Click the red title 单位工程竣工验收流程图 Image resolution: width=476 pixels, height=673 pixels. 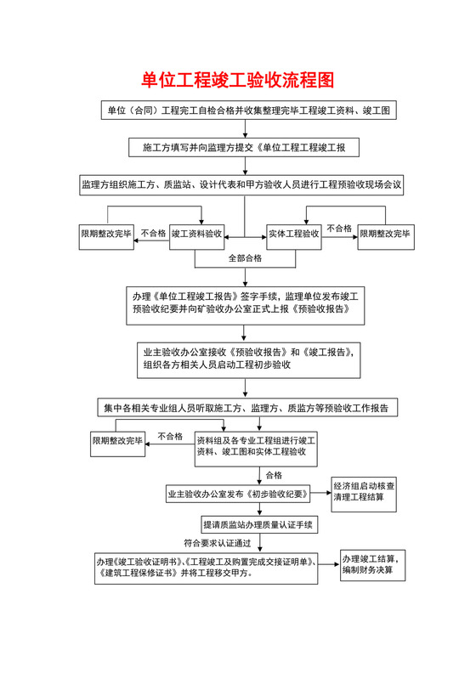[x=237, y=81]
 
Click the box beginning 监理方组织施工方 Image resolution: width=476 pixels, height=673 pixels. [x=241, y=184]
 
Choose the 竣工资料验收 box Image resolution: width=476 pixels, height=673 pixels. [x=196, y=233]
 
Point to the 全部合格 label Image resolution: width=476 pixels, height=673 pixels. [x=245, y=257]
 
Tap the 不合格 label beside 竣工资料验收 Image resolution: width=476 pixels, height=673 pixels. [x=153, y=232]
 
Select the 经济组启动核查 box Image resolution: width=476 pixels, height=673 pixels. [x=367, y=492]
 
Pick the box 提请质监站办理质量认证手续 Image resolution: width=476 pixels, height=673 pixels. [x=258, y=524]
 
